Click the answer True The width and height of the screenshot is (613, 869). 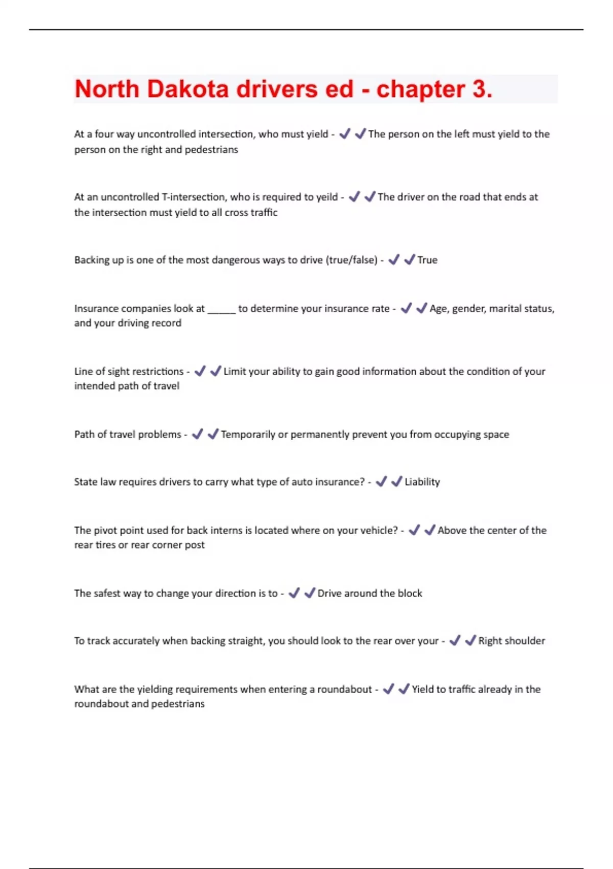[427, 260]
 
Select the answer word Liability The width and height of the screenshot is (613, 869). [422, 482]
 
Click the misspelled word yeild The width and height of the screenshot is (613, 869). [326, 197]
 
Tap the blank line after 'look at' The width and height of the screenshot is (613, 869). [221, 309]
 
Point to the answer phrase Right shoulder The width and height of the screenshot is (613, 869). [511, 641]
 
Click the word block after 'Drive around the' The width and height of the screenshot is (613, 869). [410, 593]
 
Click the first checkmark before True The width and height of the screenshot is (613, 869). [394, 260]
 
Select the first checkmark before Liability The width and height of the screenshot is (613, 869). [381, 482]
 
